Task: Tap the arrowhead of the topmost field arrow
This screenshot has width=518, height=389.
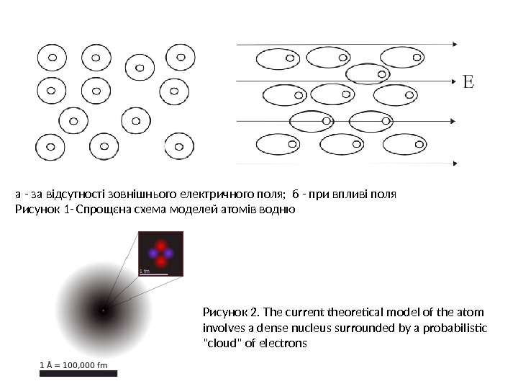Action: (453, 44)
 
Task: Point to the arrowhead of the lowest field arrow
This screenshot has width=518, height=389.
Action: (453, 164)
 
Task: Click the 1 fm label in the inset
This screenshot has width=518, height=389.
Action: (145, 271)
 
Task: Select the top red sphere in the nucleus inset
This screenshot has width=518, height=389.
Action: (160, 243)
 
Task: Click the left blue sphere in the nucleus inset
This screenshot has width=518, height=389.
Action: (153, 253)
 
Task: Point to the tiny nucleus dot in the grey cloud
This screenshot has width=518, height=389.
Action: (103, 310)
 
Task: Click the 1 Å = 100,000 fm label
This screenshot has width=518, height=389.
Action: (77, 365)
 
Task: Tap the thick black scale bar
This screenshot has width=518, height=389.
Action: (78, 373)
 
